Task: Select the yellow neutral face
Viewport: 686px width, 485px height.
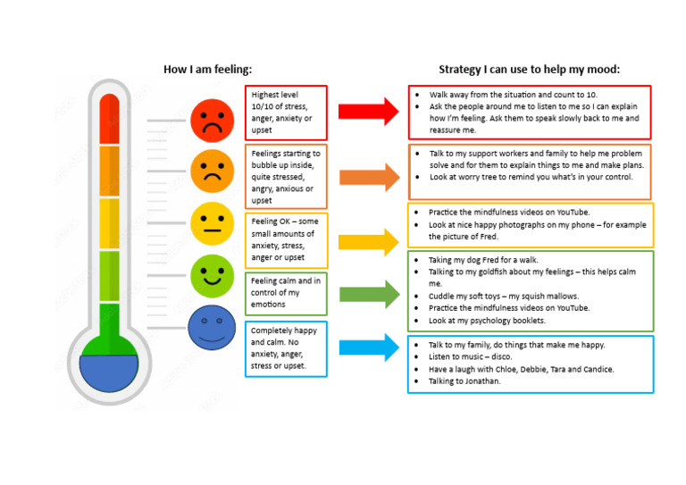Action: [212, 222]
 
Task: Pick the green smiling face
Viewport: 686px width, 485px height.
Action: [212, 275]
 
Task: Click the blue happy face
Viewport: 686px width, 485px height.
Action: [212, 327]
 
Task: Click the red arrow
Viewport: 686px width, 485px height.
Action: [368, 112]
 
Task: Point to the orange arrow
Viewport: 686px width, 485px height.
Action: [368, 177]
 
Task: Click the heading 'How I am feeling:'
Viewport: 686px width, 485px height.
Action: [207, 70]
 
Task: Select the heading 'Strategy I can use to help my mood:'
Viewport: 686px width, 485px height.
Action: [529, 70]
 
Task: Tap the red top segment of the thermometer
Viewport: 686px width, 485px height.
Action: [109, 118]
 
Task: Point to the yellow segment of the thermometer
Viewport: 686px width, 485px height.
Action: [109, 223]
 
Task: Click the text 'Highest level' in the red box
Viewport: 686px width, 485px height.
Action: [275, 95]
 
